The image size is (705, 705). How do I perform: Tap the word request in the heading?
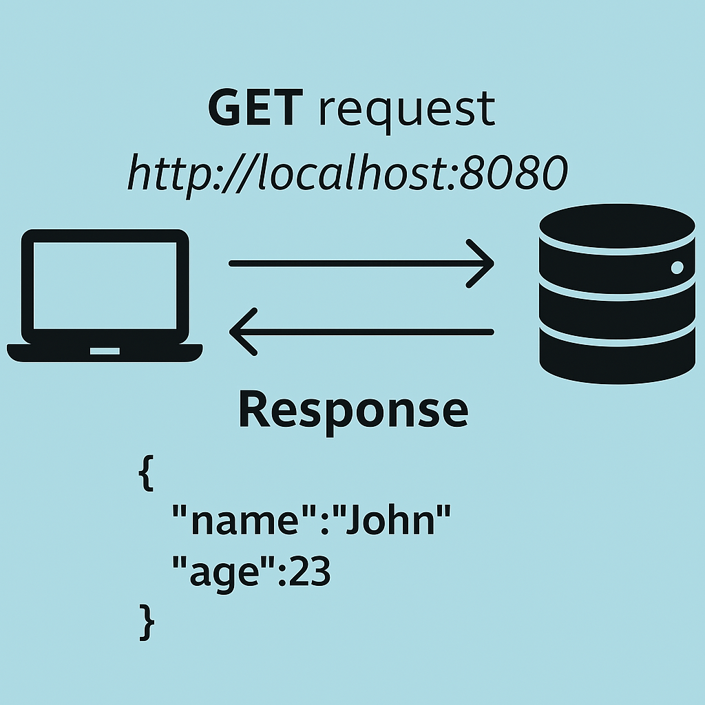click(407, 110)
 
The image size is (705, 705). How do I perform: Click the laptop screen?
click(105, 286)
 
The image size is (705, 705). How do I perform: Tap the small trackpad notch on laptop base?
click(105, 351)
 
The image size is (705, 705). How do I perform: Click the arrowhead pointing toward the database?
click(482, 263)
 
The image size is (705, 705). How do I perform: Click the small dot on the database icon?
click(677, 267)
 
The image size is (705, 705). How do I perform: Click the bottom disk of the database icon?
click(617, 358)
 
